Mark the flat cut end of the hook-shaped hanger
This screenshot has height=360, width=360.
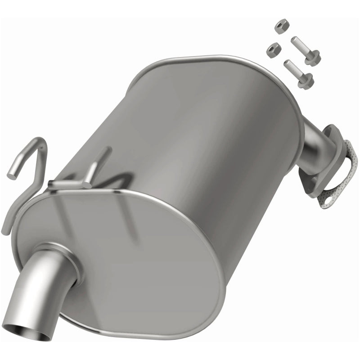click(13, 171)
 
